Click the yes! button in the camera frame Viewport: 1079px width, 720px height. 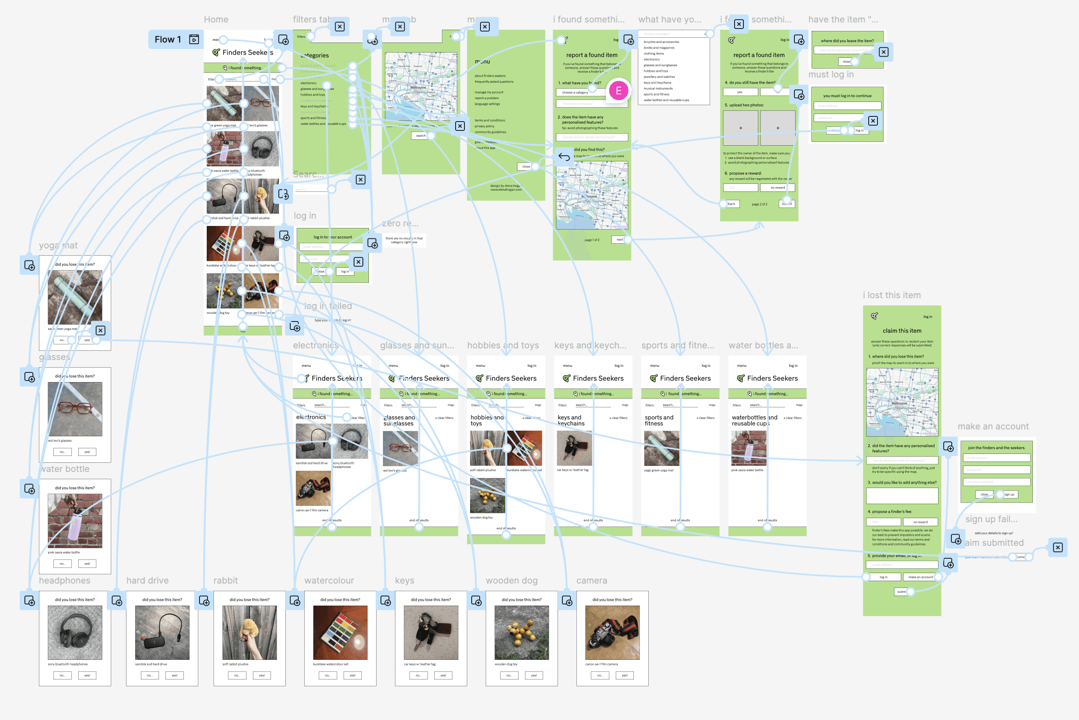625,675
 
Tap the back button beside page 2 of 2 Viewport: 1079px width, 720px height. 731,204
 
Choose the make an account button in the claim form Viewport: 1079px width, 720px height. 920,577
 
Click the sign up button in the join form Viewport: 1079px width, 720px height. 1008,494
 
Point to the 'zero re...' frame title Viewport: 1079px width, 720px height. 400,224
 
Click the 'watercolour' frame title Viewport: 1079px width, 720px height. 329,580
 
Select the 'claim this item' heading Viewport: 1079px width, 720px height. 902,331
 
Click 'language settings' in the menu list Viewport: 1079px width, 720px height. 487,104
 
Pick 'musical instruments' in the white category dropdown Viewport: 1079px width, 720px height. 658,89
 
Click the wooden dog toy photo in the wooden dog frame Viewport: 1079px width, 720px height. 521,632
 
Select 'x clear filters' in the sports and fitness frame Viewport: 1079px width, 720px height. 705,418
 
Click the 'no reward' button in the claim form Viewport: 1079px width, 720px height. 920,522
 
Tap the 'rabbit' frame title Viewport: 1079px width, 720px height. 226,580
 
